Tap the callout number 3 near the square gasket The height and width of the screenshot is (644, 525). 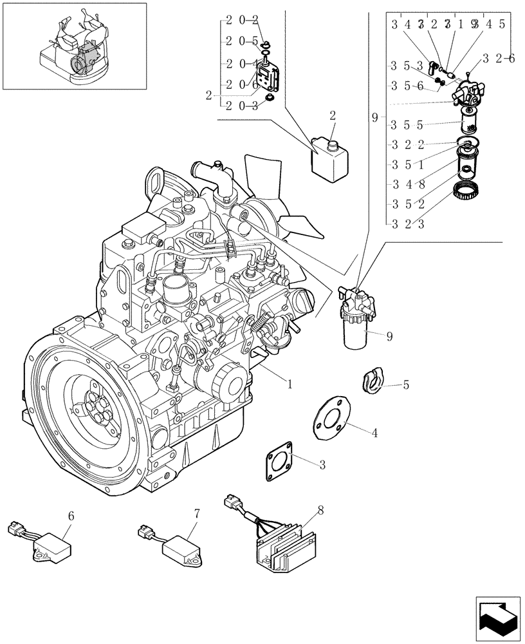point(322,465)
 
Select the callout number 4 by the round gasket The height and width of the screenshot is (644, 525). point(374,433)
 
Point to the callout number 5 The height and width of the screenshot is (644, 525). point(406,385)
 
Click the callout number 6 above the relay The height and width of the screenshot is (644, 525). point(71,515)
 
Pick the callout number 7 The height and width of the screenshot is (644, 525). point(198,513)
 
